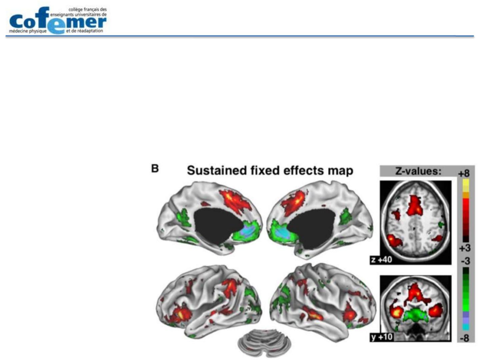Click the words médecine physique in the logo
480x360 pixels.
coord(28,31)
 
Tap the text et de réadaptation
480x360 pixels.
coord(84,31)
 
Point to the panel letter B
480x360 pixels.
coord(155,169)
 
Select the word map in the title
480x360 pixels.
coord(340,171)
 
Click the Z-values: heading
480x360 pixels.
coord(418,171)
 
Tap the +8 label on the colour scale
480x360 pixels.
coord(464,173)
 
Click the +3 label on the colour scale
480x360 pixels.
coord(464,248)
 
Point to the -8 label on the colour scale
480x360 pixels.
coord(464,338)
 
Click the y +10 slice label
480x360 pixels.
coord(382,337)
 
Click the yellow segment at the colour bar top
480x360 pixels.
coord(465,185)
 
